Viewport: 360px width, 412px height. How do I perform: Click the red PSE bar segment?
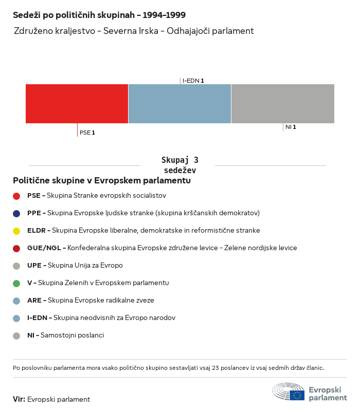77,104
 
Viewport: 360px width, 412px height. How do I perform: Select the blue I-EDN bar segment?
179,104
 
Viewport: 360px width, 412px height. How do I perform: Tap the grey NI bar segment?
283,104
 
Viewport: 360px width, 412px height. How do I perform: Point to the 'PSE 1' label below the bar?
87,133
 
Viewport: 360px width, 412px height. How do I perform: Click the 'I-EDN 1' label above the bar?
193,81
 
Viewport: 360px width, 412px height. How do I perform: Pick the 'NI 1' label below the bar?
291,127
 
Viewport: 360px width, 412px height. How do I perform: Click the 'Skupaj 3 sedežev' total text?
179,165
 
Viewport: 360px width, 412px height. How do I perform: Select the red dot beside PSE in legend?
16,196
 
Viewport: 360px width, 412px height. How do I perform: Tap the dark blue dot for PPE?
16,213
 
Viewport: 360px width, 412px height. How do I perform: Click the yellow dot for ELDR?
16,231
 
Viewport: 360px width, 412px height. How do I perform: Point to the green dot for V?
16,283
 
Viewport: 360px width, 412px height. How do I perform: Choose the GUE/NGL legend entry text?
162,248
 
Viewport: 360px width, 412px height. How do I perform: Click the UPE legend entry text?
75,266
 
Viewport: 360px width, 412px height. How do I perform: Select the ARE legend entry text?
91,301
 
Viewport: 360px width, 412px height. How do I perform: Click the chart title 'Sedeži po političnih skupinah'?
99,15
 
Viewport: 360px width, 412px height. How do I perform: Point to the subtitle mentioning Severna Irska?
134,31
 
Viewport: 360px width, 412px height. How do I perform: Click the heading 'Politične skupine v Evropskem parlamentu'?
102,181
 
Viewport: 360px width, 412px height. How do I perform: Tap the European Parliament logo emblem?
289,391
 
